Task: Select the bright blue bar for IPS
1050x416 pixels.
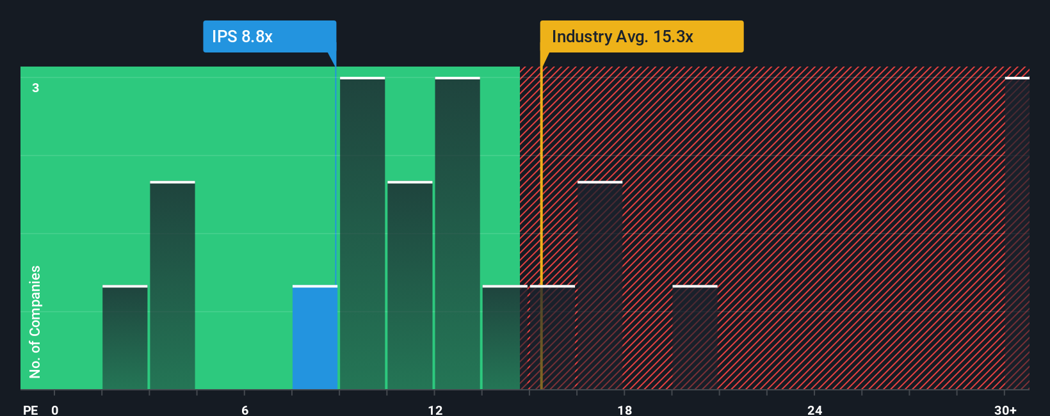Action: (x=315, y=337)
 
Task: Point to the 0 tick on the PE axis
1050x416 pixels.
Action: (x=55, y=410)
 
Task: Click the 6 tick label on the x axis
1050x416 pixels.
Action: (x=245, y=410)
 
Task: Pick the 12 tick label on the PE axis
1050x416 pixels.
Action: (x=435, y=410)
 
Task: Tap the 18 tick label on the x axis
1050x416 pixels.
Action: (x=625, y=410)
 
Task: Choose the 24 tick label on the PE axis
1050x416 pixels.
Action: (x=814, y=410)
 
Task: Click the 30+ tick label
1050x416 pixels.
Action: (x=1005, y=410)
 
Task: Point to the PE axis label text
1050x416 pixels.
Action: (x=30, y=410)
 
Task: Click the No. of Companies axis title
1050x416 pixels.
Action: (x=35, y=321)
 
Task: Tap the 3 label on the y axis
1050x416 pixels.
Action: (x=36, y=88)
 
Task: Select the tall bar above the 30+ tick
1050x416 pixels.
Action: (x=1017, y=234)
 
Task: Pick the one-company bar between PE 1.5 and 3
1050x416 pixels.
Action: (x=125, y=337)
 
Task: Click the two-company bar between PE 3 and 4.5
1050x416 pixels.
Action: (x=172, y=285)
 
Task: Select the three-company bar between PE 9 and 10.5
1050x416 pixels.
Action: (x=362, y=234)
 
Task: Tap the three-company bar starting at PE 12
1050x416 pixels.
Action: (x=457, y=234)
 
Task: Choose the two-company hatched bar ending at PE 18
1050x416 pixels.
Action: (x=600, y=285)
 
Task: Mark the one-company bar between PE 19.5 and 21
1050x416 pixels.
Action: (x=695, y=337)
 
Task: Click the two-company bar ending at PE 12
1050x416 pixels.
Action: (x=410, y=285)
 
